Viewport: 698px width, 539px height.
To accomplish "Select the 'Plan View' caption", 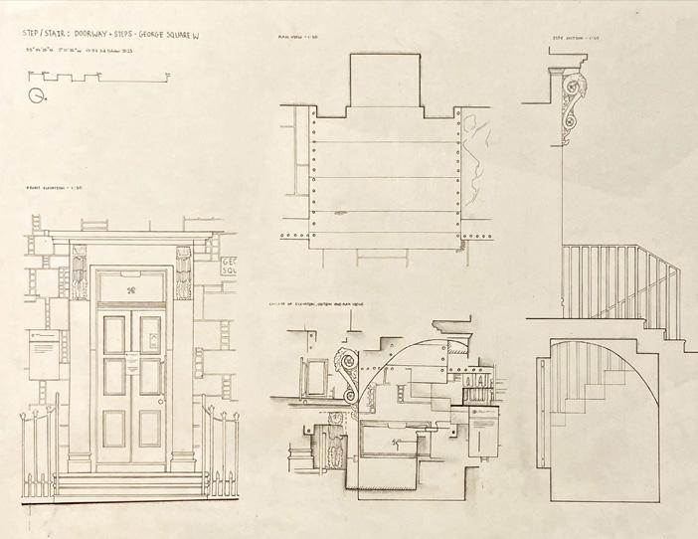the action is (x=297, y=39).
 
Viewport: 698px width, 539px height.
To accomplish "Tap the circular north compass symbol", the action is (x=37, y=96).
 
